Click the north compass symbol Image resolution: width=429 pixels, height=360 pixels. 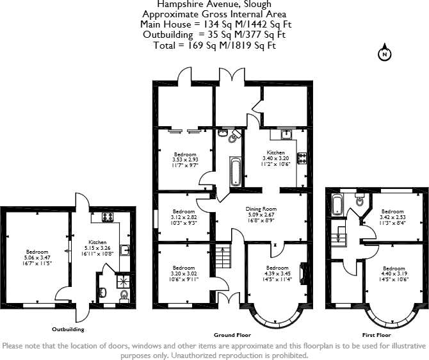click(x=385, y=54)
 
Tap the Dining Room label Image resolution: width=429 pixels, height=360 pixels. click(x=261, y=209)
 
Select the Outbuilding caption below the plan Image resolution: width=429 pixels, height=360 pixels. click(x=68, y=329)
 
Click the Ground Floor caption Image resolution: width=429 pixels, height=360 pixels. click(x=232, y=335)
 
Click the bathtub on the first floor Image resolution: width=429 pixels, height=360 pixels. click(x=337, y=205)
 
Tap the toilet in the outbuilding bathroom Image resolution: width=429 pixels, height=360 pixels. click(x=124, y=295)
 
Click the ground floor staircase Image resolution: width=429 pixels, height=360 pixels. click(x=222, y=258)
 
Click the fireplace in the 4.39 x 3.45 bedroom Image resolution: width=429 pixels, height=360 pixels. click(x=303, y=274)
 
